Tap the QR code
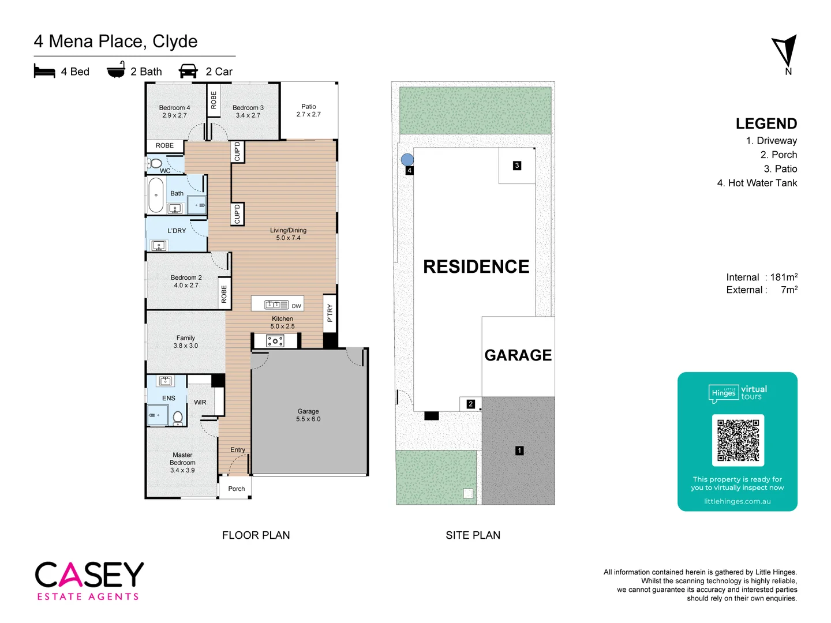[738, 440]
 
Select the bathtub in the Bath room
[156, 195]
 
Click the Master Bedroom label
[182, 463]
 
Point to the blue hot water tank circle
[407, 160]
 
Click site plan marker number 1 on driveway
[519, 451]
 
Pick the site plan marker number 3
[517, 166]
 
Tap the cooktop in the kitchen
[275, 341]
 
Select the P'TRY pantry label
[330, 313]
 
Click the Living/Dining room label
[288, 234]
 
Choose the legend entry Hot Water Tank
[757, 183]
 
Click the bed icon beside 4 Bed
[44, 71]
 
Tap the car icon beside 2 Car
[188, 71]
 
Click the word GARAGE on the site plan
[518, 355]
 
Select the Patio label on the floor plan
[308, 110]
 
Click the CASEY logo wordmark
[89, 575]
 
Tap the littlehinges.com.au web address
[737, 501]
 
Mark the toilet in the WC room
[155, 163]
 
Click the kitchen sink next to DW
[276, 305]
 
